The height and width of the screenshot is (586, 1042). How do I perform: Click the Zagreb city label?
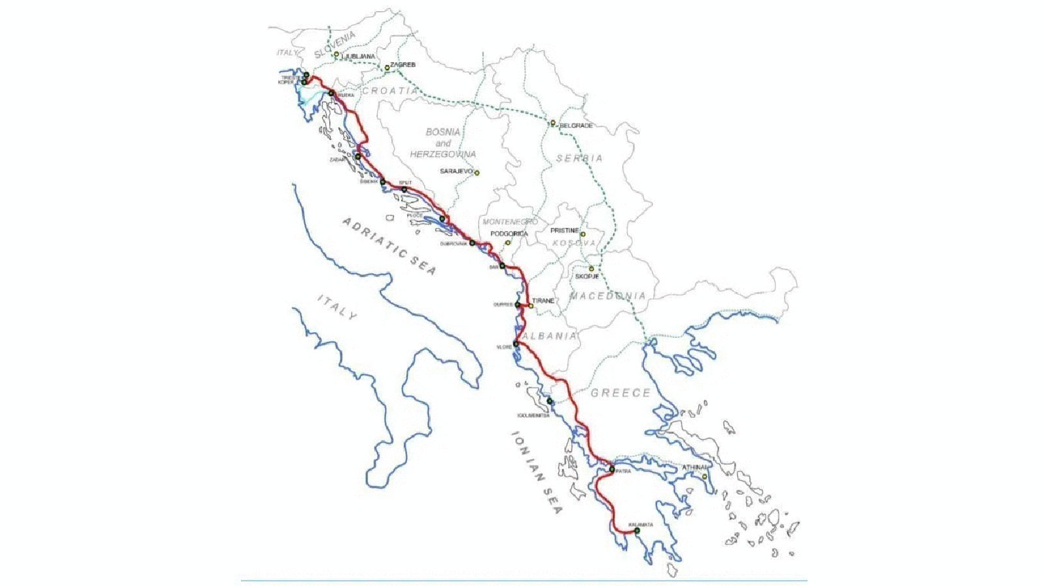pos(402,65)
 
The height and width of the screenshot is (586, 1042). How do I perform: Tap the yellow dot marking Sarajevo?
pos(477,173)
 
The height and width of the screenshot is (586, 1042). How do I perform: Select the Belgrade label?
pos(576,126)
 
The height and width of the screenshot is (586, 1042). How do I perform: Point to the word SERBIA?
pos(579,158)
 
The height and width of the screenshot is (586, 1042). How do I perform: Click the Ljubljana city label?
pos(358,57)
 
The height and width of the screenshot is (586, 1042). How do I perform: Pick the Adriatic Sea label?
pos(389,246)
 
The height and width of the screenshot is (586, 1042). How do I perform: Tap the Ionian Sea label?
pos(535,471)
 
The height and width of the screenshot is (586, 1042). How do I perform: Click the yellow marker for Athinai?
pos(704,477)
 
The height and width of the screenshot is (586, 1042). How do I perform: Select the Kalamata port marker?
pos(637,531)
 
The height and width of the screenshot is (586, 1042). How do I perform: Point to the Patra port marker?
pos(612,469)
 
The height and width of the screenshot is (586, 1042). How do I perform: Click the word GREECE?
pos(620,393)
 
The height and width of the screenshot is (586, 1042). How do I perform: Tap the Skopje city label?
pos(587,276)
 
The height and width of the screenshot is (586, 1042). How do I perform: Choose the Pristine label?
pos(564,230)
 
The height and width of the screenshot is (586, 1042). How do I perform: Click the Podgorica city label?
pos(509,234)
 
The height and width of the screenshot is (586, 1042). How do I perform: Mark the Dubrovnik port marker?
pos(472,243)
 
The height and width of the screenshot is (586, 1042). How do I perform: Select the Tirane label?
pos(543,301)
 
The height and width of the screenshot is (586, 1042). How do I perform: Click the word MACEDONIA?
pos(608,296)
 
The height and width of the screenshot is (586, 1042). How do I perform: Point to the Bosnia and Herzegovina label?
pos(443,143)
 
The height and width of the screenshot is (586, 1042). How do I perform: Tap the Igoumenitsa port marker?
pos(550,401)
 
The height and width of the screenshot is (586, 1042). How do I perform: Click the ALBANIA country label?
pos(549,336)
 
